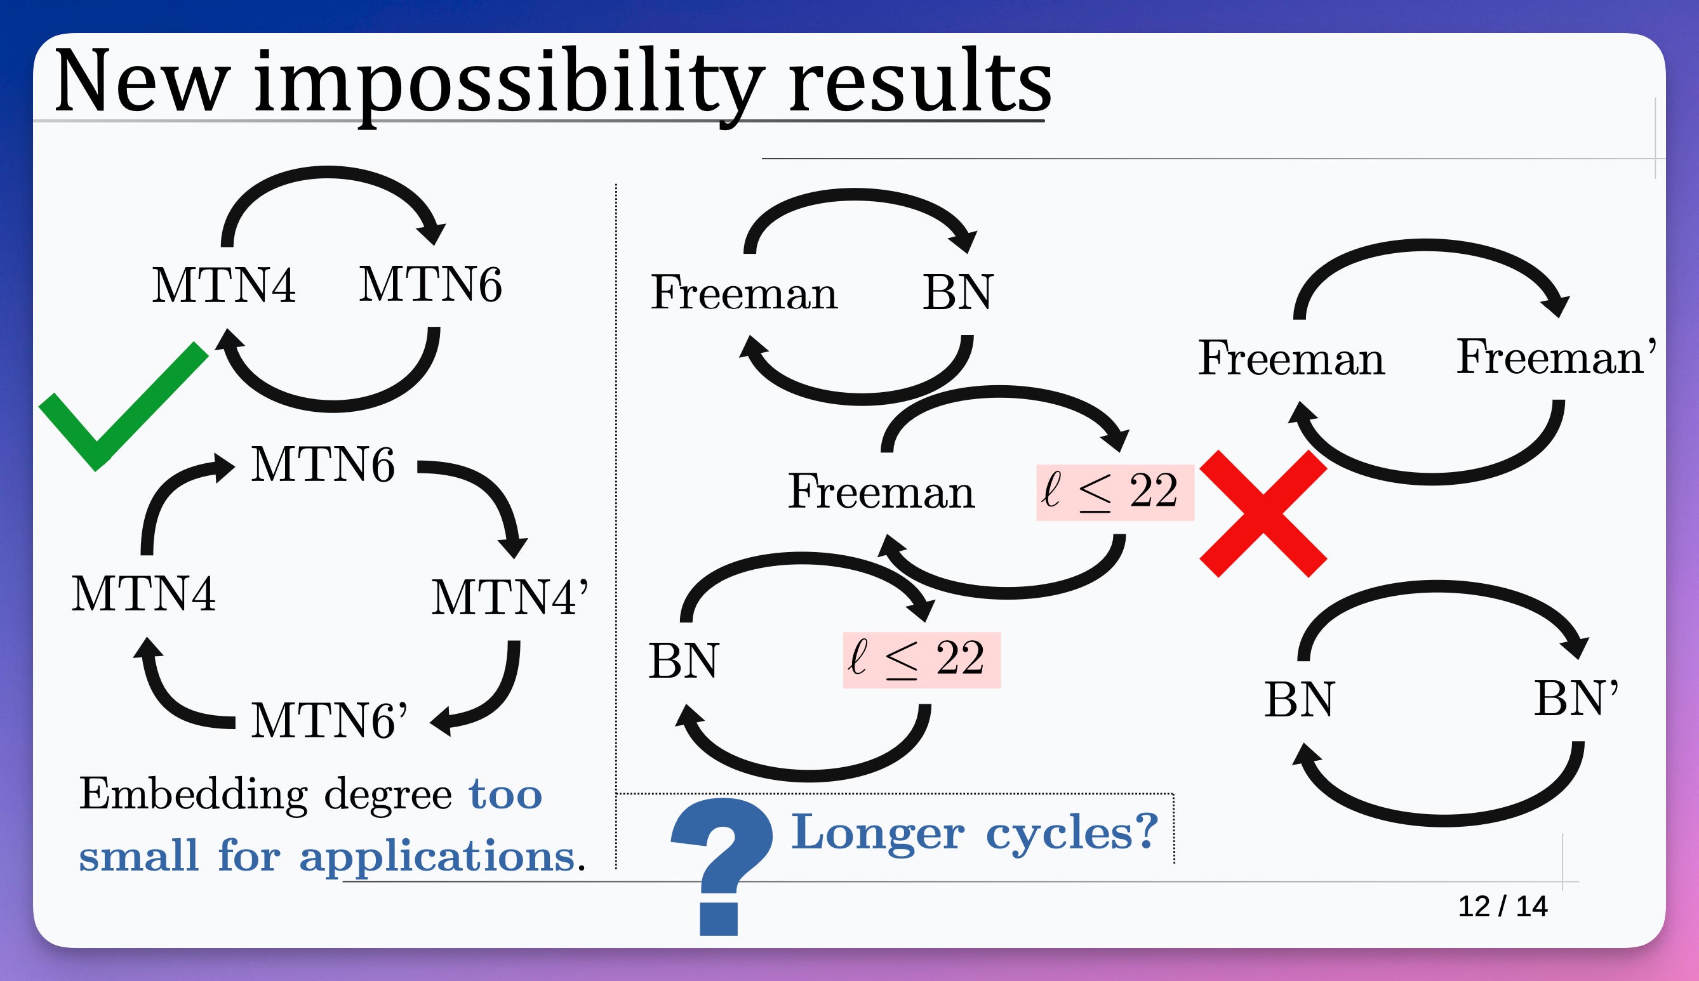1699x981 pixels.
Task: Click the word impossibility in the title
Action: point(509,82)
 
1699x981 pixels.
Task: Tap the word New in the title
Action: point(142,82)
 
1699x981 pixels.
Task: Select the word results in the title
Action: point(919,82)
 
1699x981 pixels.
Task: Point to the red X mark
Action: point(1263,513)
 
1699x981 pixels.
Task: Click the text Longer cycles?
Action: point(974,832)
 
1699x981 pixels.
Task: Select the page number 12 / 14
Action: point(1502,906)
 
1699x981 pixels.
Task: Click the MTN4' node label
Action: point(509,597)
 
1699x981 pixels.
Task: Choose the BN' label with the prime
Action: point(1576,698)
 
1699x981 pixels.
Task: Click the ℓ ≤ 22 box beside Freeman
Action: point(1115,492)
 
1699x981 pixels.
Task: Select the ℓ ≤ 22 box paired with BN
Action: point(921,660)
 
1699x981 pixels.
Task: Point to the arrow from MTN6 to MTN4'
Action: point(485,492)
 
